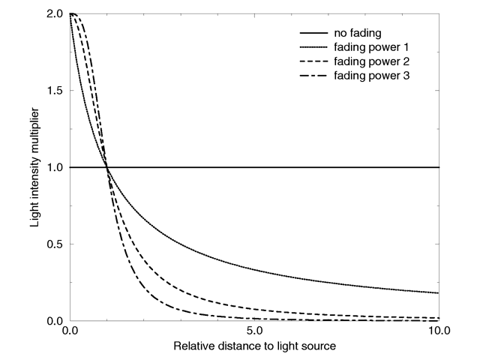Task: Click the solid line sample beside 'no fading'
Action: [313, 34]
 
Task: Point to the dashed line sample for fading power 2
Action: [313, 62]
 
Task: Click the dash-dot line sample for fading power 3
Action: [313, 76]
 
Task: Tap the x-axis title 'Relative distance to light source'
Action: [253, 347]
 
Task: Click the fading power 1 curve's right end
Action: [438, 292]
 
